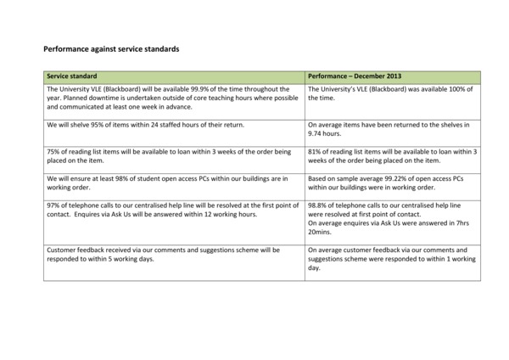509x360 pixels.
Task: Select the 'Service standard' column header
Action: (71, 76)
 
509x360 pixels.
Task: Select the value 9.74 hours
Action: (328, 134)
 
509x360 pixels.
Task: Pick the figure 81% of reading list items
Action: (315, 152)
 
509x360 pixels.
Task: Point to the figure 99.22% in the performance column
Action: (386, 179)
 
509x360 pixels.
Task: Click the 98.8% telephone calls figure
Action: (318, 206)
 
